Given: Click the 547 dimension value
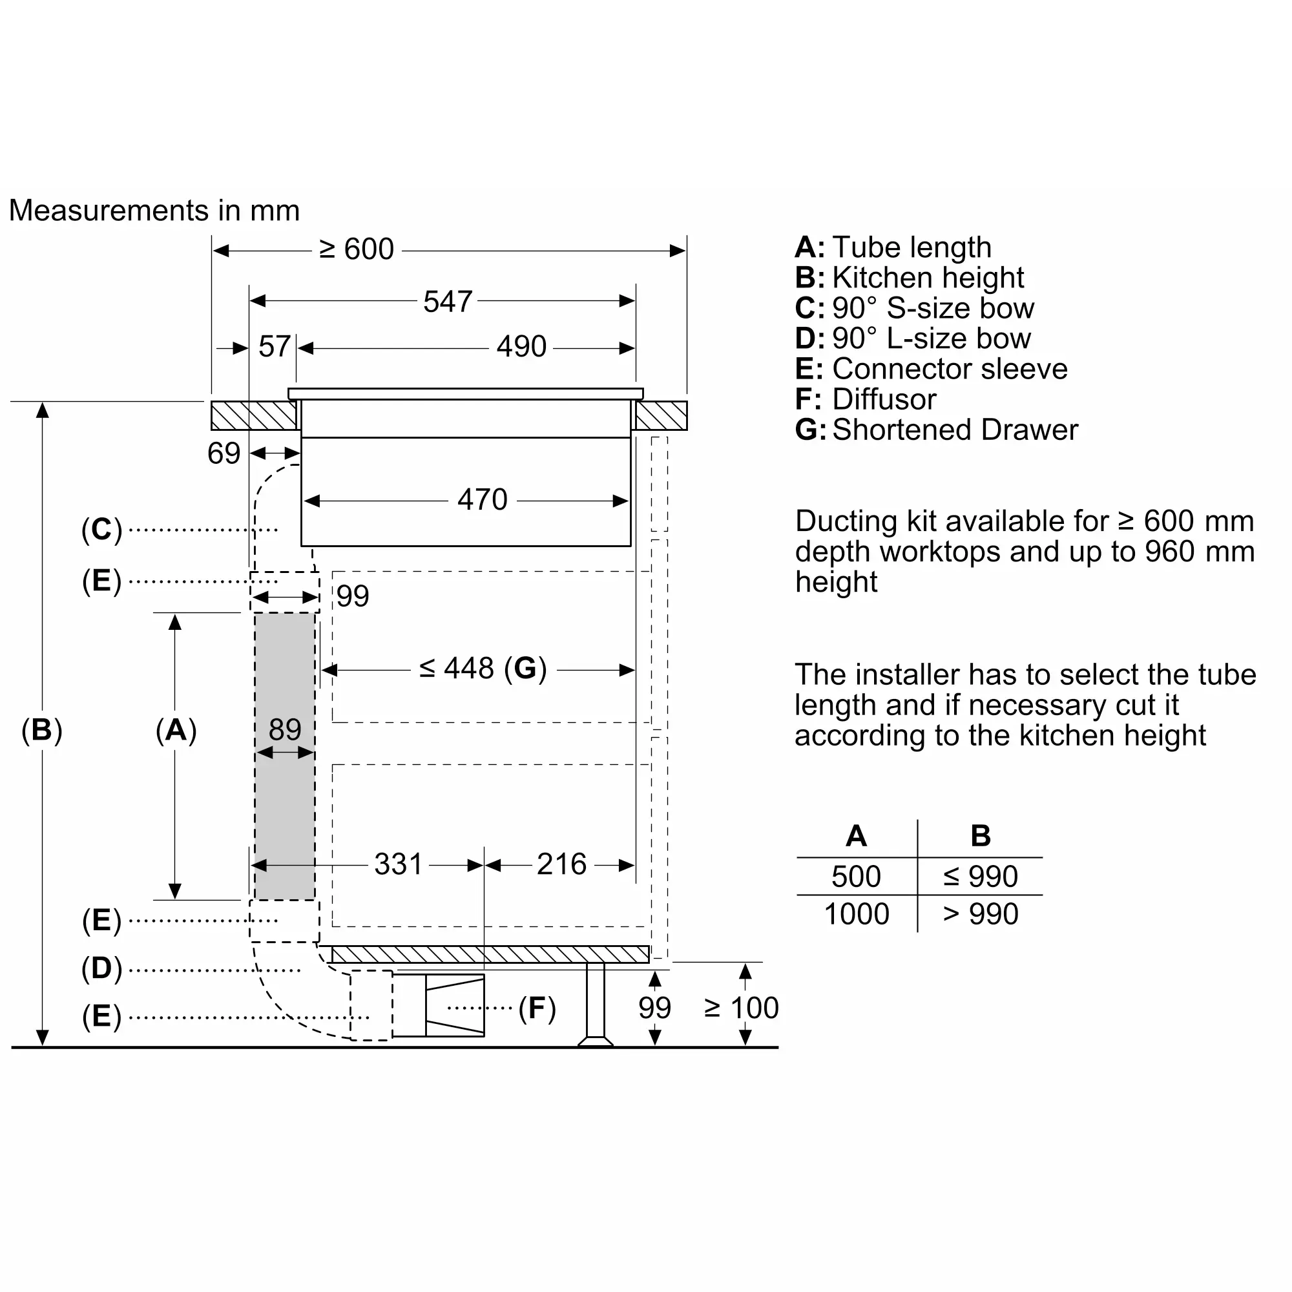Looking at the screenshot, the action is coord(448,302).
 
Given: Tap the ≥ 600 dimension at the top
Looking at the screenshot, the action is coord(357,249).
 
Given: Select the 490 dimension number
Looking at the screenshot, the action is coord(521,346).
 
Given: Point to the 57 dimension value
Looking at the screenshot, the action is coord(274,346).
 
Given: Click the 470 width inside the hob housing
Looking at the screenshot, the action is coord(482,499).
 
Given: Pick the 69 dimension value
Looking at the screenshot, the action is coord(224,453).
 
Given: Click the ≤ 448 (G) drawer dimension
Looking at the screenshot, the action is coord(483,668).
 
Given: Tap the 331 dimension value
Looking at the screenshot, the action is coord(398,864).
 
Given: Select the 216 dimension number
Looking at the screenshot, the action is coord(562,864).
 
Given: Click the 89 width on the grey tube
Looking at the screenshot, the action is coord(285,729).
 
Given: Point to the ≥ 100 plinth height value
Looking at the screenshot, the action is coord(742,1008).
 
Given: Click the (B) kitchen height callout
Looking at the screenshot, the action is coord(41,730).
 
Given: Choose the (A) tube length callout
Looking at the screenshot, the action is coord(176,730).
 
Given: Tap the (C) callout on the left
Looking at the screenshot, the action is coord(101,530).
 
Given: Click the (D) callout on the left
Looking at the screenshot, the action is coord(101,969).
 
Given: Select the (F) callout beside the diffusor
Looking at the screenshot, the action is coord(537,1008).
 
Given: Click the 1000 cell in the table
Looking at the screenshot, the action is coord(857,914).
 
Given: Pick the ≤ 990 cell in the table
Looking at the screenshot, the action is coord(981,877).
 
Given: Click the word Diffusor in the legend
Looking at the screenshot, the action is coord(884,400).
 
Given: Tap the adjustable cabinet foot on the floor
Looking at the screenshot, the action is coord(595,1004).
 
